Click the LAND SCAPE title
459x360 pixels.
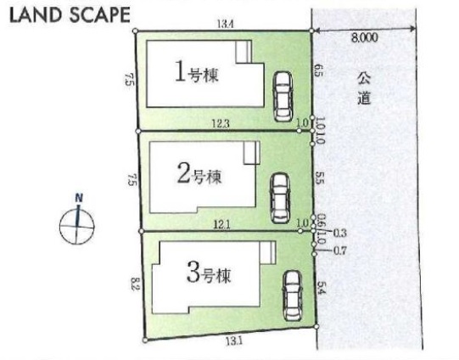(70, 15)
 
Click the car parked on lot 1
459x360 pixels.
(283, 97)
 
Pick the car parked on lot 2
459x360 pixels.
(280, 198)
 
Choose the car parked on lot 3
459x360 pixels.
(292, 295)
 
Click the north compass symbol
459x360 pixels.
(77, 226)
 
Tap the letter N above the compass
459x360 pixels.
(79, 198)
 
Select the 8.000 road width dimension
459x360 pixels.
(365, 38)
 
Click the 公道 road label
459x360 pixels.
(364, 87)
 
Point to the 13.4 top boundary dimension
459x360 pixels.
(225, 24)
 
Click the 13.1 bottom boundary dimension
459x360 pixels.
(233, 340)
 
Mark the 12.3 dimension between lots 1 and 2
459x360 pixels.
(221, 124)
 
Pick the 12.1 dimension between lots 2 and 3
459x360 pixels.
(222, 225)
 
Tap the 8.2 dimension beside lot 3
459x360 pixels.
(135, 284)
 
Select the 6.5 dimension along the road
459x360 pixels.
(319, 70)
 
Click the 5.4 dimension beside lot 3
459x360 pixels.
(321, 288)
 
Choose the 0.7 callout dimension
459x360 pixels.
(340, 251)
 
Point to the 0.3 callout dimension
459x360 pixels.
(340, 233)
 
